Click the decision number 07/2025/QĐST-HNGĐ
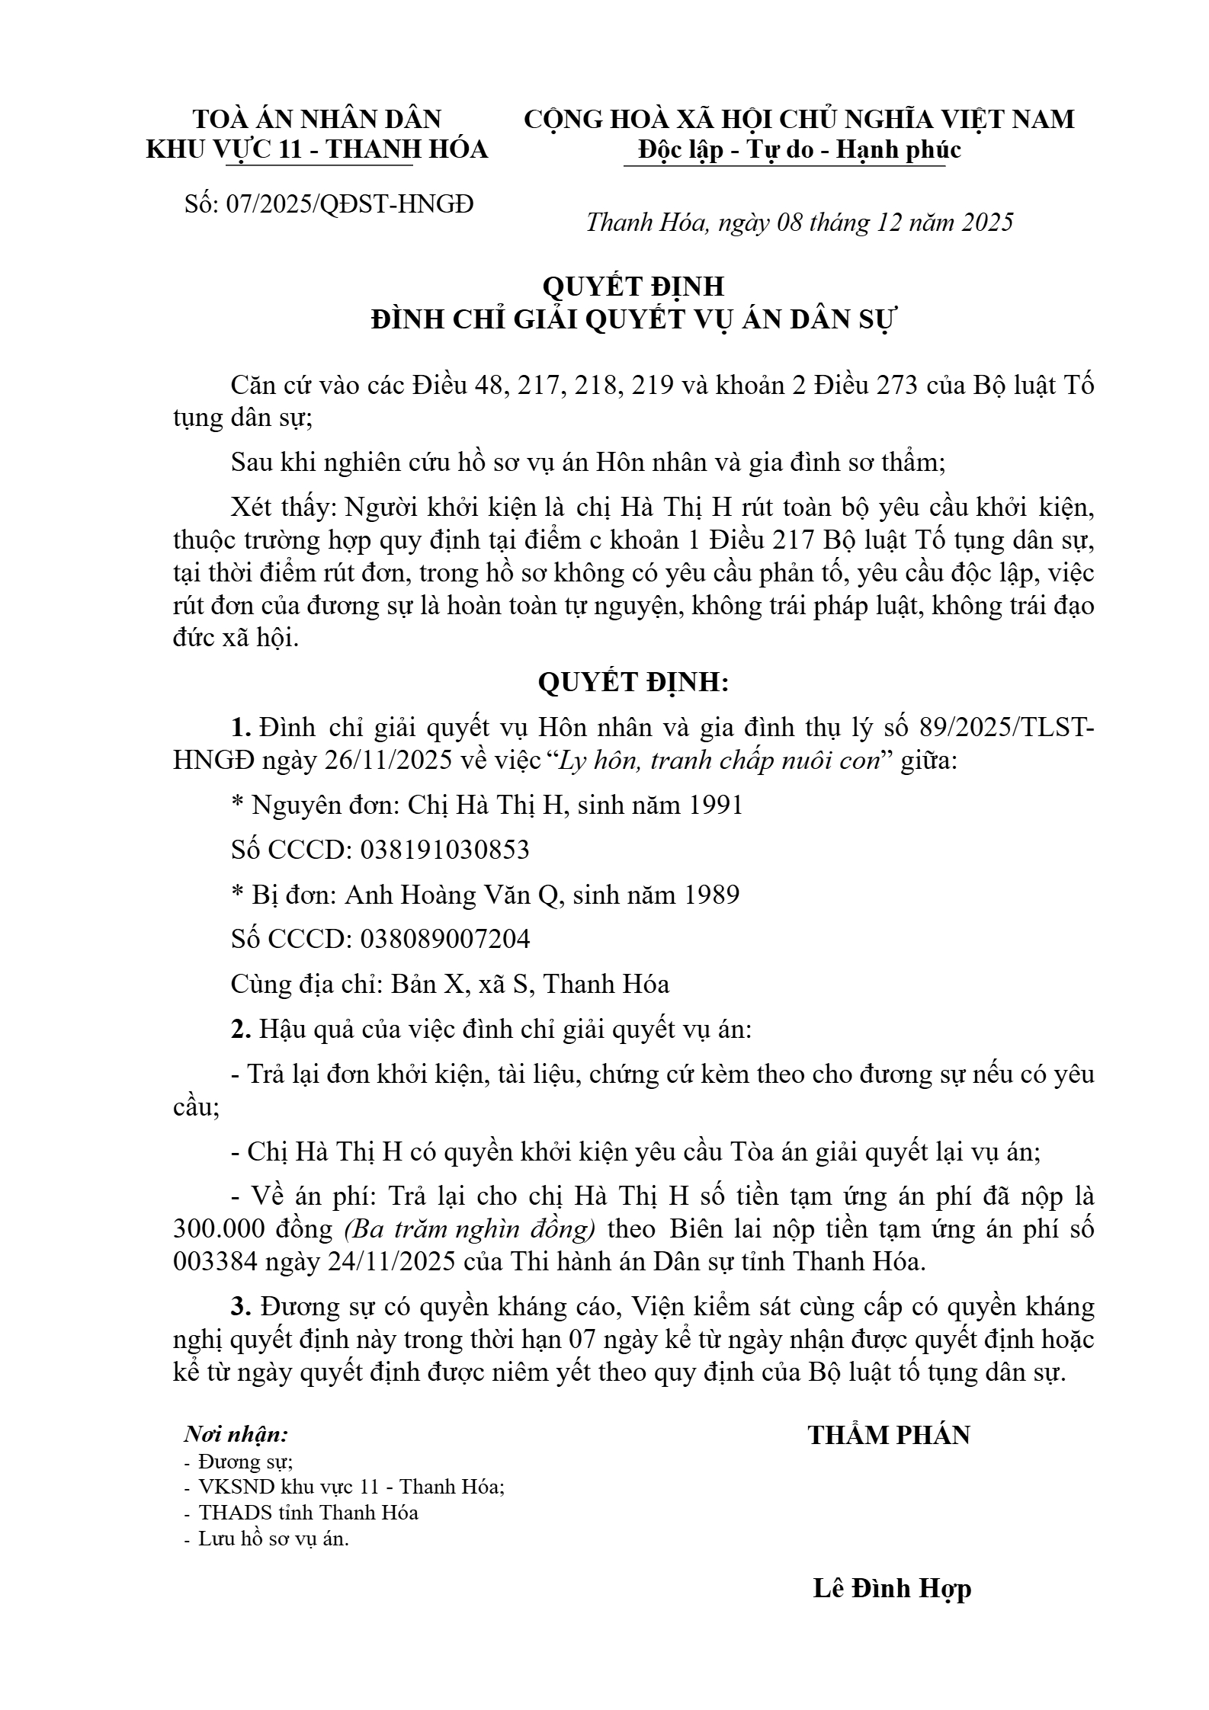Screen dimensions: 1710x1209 (350, 204)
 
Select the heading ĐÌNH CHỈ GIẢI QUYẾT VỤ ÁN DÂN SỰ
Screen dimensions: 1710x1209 (634, 320)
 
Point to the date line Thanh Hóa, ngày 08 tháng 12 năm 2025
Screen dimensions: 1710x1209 (800, 223)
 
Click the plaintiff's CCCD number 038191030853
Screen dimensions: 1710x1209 (444, 850)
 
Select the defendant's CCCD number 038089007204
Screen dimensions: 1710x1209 (444, 939)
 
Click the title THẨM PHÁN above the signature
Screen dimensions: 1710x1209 (889, 1435)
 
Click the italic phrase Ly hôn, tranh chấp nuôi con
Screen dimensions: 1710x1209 (720, 761)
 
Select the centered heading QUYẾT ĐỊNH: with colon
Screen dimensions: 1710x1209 (633, 682)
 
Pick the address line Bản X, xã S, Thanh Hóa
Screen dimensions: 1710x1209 (530, 984)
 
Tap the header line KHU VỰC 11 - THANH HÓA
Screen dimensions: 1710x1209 (316, 150)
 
